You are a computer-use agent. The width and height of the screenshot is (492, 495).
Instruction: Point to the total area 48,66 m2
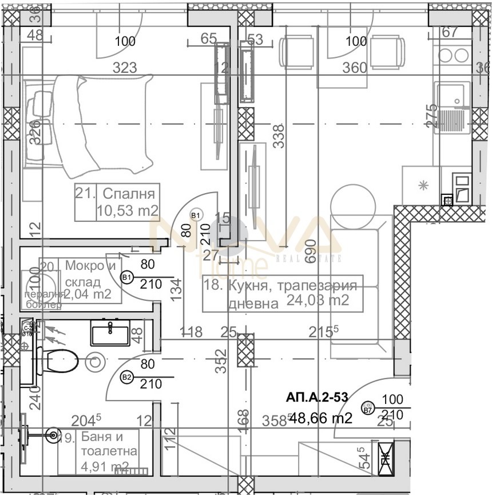click(x=320, y=418)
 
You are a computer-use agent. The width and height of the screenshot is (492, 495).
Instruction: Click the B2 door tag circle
click(x=127, y=377)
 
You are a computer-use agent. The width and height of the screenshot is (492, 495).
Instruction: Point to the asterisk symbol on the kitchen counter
click(x=423, y=184)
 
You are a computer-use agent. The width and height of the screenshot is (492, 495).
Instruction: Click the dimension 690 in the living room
click(x=311, y=250)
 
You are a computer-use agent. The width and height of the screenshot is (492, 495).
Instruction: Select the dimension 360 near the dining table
click(x=354, y=68)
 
